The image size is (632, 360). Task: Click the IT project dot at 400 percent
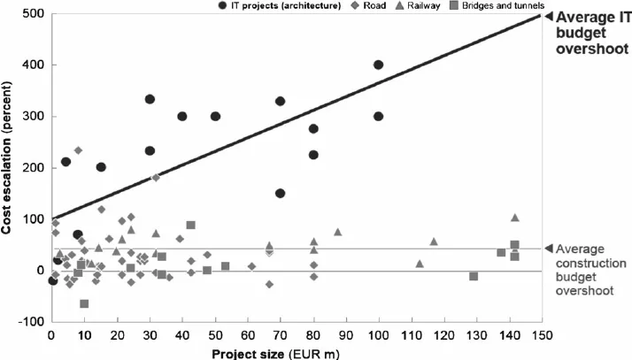(x=379, y=65)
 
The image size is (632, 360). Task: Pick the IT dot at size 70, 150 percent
(x=281, y=193)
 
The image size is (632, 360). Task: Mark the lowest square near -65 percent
(x=84, y=303)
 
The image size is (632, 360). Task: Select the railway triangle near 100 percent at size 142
(x=515, y=218)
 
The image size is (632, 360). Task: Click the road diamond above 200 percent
(x=78, y=150)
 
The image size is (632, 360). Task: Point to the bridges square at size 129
(x=474, y=276)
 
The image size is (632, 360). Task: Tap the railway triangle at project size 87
(x=337, y=232)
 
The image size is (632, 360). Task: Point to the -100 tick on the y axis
(x=32, y=322)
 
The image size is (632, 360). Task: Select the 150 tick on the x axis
(x=541, y=336)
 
